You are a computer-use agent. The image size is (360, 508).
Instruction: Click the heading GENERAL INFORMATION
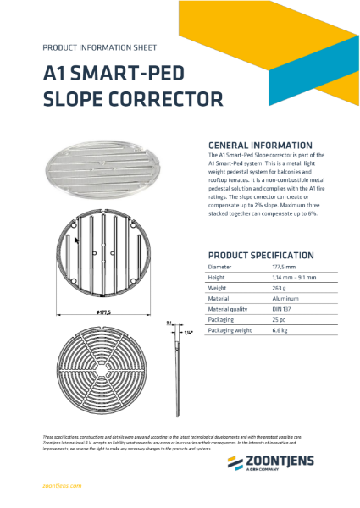[259, 145]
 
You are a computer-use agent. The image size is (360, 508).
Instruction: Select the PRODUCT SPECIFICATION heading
[261, 255]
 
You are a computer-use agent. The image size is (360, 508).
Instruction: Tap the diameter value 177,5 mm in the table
[271, 267]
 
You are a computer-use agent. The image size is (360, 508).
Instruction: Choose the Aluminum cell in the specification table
[273, 298]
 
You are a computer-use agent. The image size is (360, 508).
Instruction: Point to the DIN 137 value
[270, 309]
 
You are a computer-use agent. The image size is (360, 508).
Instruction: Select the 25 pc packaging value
[267, 320]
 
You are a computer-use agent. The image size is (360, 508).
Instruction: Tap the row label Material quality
[226, 309]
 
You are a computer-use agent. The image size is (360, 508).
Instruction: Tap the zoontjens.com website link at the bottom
[61, 485]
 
